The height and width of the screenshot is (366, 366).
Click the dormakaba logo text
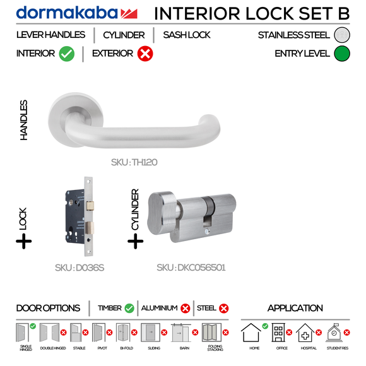[x=66, y=13]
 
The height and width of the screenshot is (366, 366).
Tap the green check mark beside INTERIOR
[x=67, y=54]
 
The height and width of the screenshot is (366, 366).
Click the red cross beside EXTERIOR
[x=145, y=54]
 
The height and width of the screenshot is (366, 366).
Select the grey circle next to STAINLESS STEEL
[x=341, y=35]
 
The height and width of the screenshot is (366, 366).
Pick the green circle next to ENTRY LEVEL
[x=341, y=54]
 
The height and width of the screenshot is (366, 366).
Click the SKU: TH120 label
[x=134, y=162]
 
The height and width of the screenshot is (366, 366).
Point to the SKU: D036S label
[x=80, y=268]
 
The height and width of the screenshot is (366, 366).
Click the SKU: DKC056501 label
[x=191, y=268]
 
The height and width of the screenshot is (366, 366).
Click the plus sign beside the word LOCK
[x=23, y=242]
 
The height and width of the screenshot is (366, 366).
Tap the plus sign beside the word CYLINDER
[x=135, y=241]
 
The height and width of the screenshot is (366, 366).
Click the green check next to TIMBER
[x=129, y=309]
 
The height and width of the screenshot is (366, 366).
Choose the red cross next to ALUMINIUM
[x=185, y=309]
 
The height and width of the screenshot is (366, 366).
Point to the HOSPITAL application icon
[x=307, y=333]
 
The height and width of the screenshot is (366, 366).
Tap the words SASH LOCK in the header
[x=187, y=35]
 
